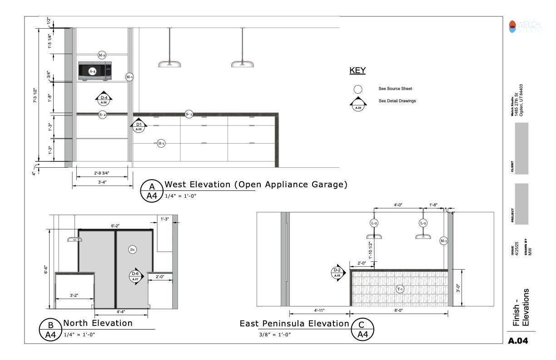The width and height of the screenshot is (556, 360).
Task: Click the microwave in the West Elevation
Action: coord(95,71)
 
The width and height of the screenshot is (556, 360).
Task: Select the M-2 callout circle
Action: coord(102,55)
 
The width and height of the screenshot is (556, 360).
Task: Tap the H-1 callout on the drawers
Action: coord(161,144)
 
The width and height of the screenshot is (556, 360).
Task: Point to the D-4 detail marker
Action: coord(104,100)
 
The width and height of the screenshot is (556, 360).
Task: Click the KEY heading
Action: coord(357,71)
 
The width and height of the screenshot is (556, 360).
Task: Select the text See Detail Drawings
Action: coord(397,101)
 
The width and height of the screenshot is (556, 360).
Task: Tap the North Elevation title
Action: coord(98,323)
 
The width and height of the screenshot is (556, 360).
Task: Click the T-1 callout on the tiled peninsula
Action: coord(400,289)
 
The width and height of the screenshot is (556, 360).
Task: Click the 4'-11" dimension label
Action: coord(318,310)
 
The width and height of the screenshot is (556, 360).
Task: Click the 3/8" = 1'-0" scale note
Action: coord(272,335)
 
